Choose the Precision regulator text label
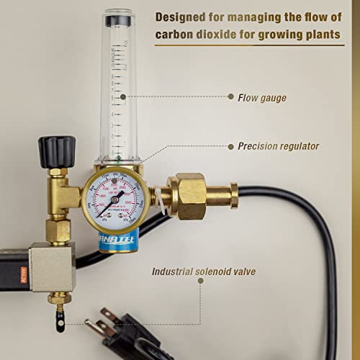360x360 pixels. [278, 146]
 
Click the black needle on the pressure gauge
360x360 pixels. [109, 203]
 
